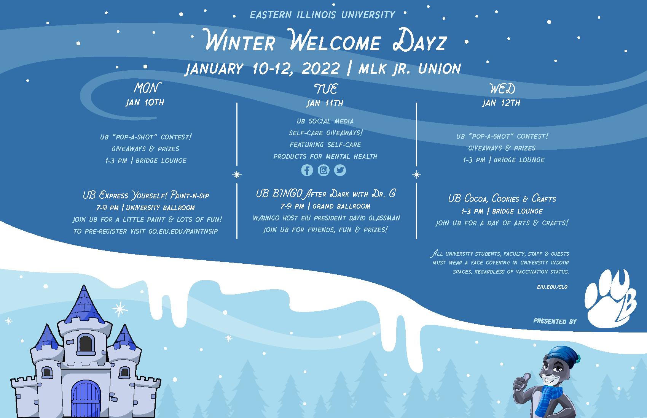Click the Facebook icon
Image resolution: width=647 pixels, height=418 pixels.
(x=307, y=170)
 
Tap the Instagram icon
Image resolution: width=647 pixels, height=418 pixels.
(x=323, y=170)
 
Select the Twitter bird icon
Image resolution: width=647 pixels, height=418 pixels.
(x=340, y=170)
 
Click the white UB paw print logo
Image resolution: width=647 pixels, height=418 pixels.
(x=610, y=299)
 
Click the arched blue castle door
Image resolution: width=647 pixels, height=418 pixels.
(x=86, y=399)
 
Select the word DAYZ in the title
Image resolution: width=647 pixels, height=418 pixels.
(x=420, y=41)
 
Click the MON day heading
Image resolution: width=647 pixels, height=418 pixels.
(x=147, y=88)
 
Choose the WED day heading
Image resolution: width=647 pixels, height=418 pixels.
(x=502, y=89)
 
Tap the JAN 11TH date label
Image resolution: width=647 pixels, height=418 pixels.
(x=325, y=103)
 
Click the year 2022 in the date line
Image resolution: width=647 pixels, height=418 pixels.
(x=320, y=69)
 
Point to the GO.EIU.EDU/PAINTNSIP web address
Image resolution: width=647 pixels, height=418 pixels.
(x=183, y=231)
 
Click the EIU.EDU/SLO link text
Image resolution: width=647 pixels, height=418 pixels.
(x=552, y=287)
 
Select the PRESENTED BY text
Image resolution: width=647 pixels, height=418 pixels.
(x=555, y=321)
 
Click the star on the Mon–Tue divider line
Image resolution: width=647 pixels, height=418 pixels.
(x=237, y=174)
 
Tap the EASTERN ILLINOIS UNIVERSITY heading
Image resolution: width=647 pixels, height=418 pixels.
(x=322, y=15)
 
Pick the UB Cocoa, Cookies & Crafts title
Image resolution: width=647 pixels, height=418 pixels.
(x=502, y=198)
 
